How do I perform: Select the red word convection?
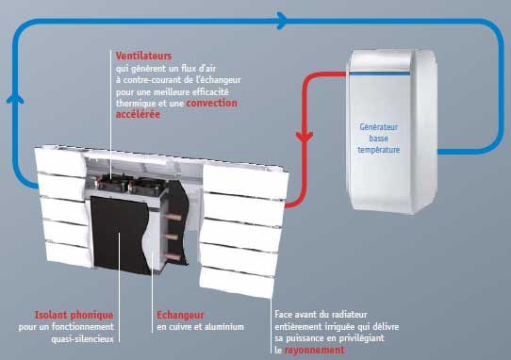tap(212, 103)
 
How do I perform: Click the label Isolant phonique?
tap(60, 315)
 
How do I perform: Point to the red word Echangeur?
tap(176, 315)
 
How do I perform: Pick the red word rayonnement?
tap(317, 350)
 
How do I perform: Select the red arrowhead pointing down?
tap(304, 138)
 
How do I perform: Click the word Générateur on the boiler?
tap(380, 125)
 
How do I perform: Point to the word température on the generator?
tap(380, 149)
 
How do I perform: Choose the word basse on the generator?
tap(380, 138)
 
